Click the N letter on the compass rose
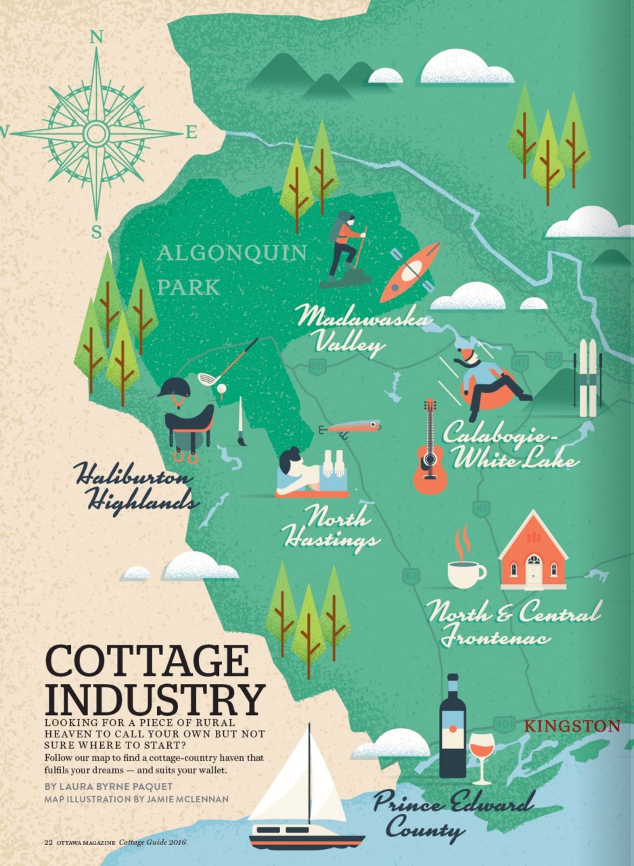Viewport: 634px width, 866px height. (x=96, y=38)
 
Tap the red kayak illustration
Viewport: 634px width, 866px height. (x=410, y=271)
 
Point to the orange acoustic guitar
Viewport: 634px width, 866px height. (x=430, y=450)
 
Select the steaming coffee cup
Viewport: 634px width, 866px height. (x=465, y=572)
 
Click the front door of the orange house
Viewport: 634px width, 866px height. (x=534, y=572)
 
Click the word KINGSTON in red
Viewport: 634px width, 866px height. (x=572, y=727)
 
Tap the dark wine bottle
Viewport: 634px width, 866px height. (x=453, y=727)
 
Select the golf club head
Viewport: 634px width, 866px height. (x=207, y=379)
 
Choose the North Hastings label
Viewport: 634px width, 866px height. (x=332, y=528)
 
